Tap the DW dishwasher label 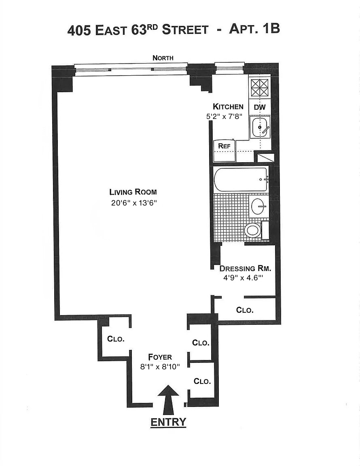pyautogui.click(x=259, y=107)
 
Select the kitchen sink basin pyautogui.click(x=259, y=127)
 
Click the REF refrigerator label pyautogui.click(x=224, y=146)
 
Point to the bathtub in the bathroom pyautogui.click(x=240, y=179)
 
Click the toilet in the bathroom pyautogui.click(x=253, y=231)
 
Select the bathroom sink pyautogui.click(x=259, y=207)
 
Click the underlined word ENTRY pyautogui.click(x=168, y=422)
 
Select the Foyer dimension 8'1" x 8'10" pyautogui.click(x=160, y=367)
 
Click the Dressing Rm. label pyautogui.click(x=245, y=268)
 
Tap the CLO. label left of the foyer pyautogui.click(x=116, y=339)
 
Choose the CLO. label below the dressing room pyautogui.click(x=245, y=310)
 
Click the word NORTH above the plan pyautogui.click(x=163, y=58)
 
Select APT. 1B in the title pyautogui.click(x=254, y=29)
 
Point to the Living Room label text pyautogui.click(x=133, y=192)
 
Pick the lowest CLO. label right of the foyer pyautogui.click(x=202, y=381)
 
